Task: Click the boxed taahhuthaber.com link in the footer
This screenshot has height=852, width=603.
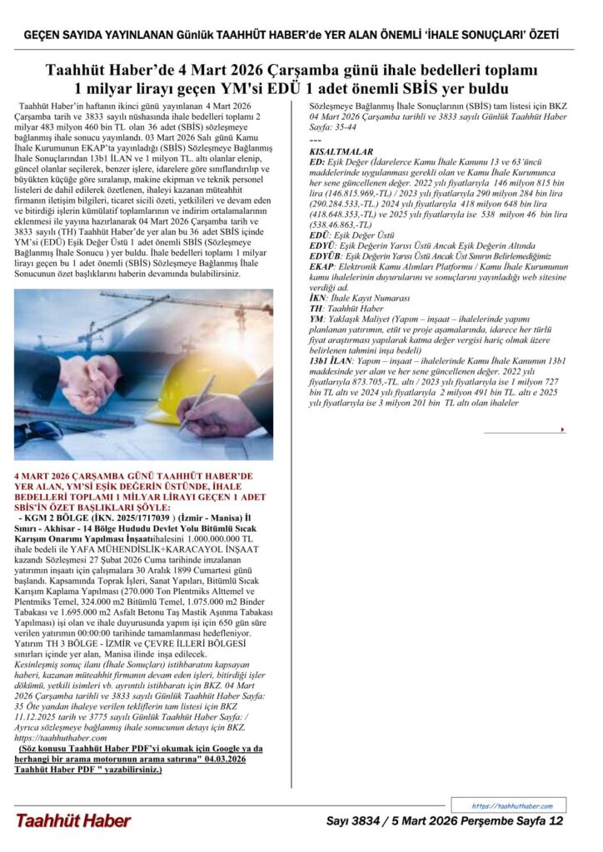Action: pos(511,805)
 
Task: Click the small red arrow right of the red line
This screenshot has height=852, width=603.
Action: pos(563,429)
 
